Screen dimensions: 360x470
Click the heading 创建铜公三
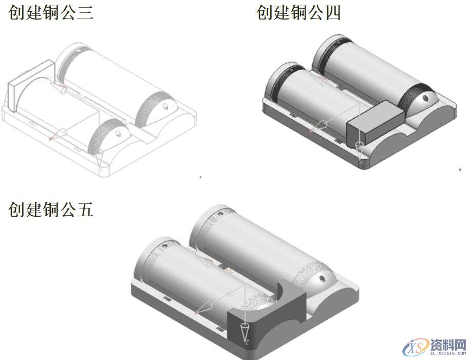click(51, 12)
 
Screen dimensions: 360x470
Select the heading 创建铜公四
click(298, 12)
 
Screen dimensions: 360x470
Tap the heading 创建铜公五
click(51, 209)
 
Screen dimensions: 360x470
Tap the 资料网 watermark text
click(447, 344)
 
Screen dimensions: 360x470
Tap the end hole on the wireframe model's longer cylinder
click(166, 106)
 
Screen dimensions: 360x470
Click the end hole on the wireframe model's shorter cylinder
click(118, 132)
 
